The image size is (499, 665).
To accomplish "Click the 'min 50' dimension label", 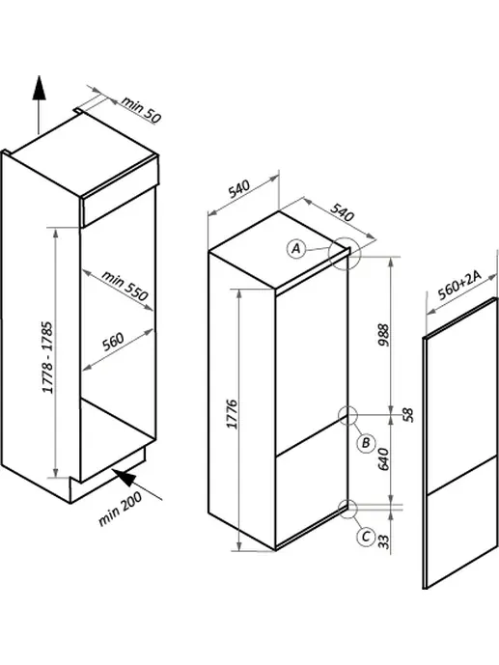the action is tap(141, 109).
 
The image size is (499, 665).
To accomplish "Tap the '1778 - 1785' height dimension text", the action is tap(48, 357).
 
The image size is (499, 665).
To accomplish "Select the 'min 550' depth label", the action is tap(125, 286).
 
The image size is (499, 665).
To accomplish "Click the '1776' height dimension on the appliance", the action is tap(233, 414).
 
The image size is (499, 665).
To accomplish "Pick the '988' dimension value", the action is tap(383, 335).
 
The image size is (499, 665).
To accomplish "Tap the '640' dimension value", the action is tap(383, 459).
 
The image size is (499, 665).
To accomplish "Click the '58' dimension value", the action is tap(407, 415).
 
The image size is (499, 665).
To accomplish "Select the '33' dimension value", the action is tap(383, 541).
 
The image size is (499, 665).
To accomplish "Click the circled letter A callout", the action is tap(296, 248).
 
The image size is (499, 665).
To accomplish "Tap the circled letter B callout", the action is tap(366, 444).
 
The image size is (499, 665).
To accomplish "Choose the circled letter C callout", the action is tap(367, 537).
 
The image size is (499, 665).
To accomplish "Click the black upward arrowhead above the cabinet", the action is tap(39, 88).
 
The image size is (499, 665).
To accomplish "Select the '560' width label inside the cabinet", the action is tap(113, 342).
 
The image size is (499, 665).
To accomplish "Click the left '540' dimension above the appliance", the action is tap(239, 189).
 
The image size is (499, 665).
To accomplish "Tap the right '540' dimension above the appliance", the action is tap(342, 212).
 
